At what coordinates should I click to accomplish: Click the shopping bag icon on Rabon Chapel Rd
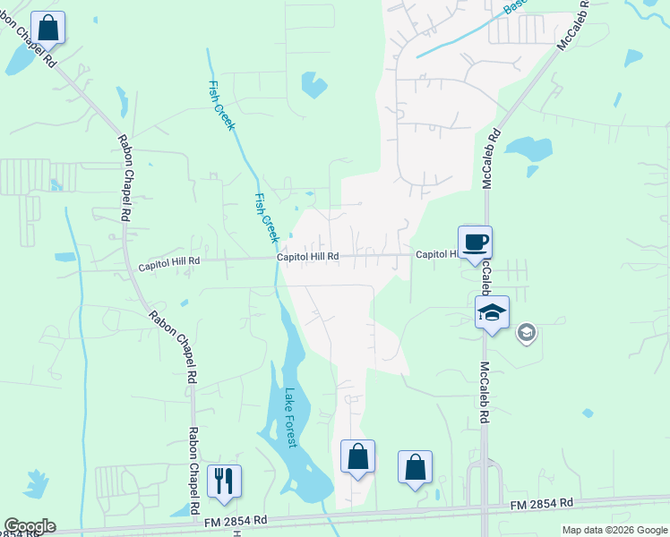[x=48, y=27]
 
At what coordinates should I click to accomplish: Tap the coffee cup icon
[x=475, y=242]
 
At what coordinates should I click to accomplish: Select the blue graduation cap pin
[x=492, y=313]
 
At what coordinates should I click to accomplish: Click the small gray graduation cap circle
[x=526, y=334]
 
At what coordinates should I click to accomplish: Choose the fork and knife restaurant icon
[x=224, y=481]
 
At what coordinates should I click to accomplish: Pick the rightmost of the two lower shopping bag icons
[x=415, y=467]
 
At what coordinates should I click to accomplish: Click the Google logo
[x=29, y=526]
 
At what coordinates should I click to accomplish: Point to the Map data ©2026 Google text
[x=614, y=530]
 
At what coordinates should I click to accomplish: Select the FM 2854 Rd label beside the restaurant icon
[x=236, y=520]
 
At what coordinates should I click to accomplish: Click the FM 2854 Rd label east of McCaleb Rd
[x=541, y=506]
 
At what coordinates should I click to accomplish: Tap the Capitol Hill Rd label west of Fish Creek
[x=168, y=265]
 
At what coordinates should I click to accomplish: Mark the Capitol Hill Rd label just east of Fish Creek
[x=307, y=256]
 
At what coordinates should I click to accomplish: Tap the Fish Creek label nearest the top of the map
[x=220, y=106]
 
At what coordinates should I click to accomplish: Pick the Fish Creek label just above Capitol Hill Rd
[x=266, y=217]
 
